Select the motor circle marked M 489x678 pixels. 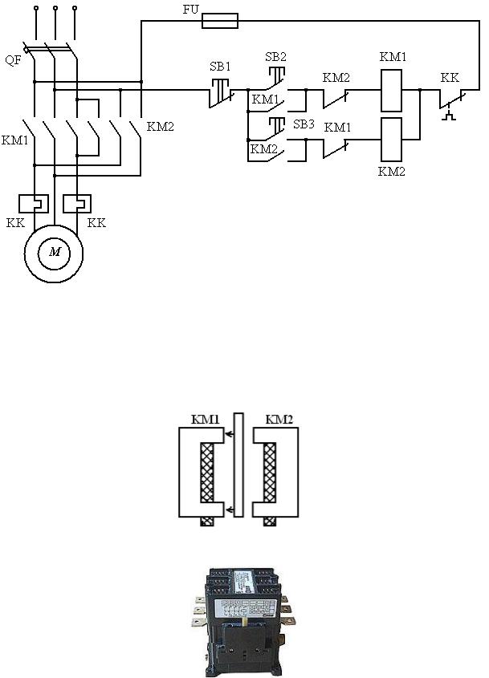click(55, 252)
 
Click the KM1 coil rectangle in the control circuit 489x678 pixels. click(390, 89)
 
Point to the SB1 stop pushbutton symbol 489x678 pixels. click(219, 91)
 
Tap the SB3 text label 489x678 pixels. click(304, 124)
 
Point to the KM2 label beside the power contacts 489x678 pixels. click(161, 126)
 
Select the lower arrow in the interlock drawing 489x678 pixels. click(229, 510)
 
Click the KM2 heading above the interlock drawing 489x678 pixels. click(278, 419)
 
